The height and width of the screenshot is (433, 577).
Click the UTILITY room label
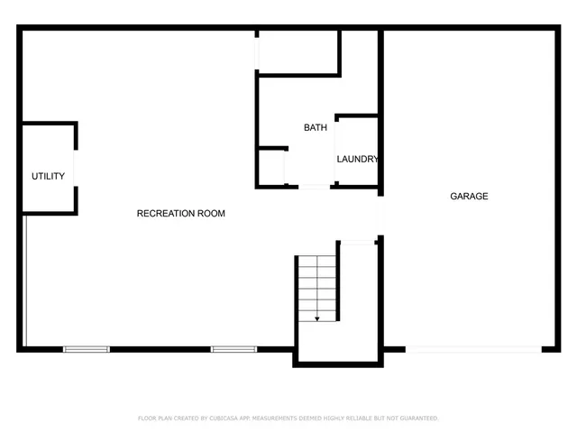48,176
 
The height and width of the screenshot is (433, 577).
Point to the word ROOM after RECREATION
212,214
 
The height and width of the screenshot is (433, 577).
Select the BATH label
315,128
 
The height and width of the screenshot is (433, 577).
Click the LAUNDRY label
357,160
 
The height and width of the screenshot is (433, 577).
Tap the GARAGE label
469,196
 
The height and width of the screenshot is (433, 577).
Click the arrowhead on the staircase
317,318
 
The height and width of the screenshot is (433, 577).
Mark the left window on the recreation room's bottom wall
87,349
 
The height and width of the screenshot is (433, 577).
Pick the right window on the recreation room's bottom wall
234,349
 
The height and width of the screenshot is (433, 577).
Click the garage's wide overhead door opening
473,349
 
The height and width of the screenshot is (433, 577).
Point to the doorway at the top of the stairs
357,241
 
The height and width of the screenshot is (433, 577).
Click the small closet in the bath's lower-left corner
271,167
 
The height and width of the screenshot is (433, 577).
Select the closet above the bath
298,51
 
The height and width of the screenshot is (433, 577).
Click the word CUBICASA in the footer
227,419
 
